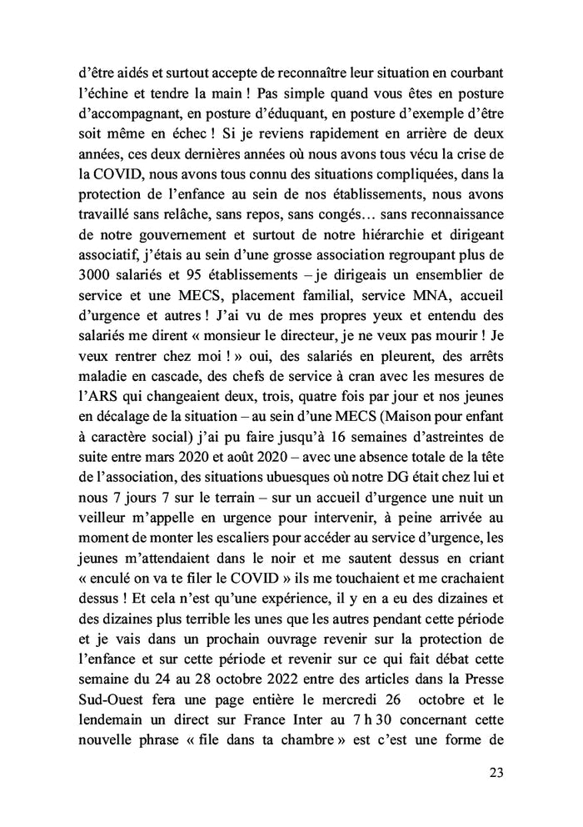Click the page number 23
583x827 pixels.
tap(496, 772)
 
